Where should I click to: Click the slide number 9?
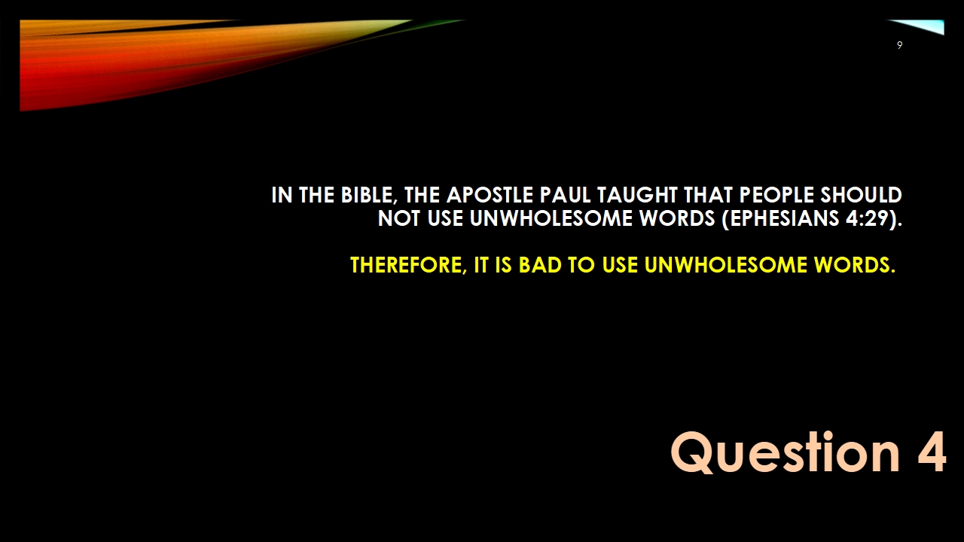(x=899, y=45)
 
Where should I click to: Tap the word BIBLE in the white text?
(x=367, y=196)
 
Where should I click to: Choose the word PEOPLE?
(x=776, y=195)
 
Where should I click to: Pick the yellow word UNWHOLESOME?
(x=726, y=264)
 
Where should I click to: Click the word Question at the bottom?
(x=785, y=453)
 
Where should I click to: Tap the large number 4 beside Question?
(x=932, y=452)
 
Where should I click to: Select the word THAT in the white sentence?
(x=709, y=195)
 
